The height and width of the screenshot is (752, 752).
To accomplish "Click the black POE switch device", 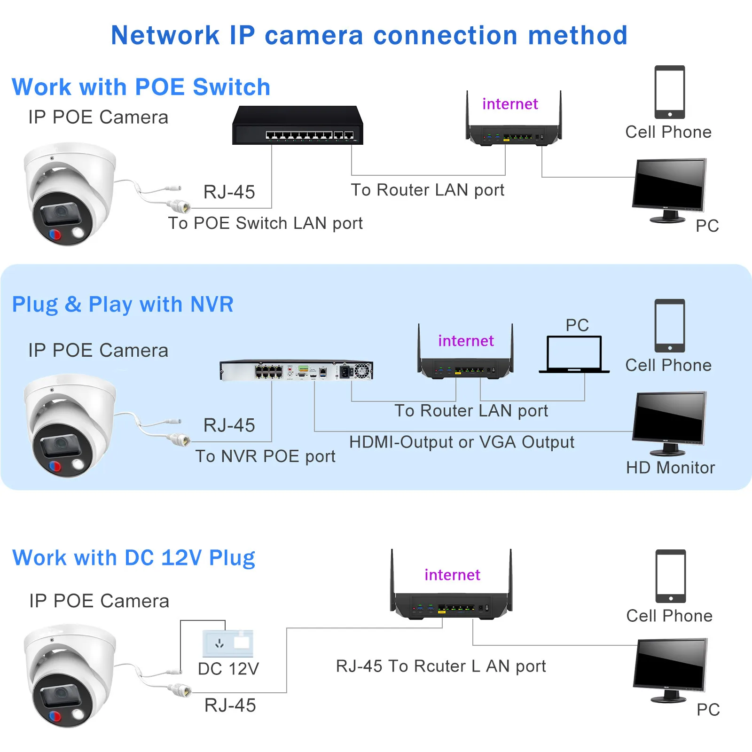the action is (x=298, y=125).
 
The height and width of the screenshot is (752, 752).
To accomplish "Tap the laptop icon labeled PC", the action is (x=574, y=354).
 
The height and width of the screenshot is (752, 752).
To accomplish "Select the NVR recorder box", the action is (x=297, y=370).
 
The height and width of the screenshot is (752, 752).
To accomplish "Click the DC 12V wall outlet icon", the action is (x=228, y=643).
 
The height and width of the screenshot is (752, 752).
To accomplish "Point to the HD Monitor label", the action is (x=670, y=468).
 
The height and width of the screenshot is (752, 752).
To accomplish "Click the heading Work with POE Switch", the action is (x=141, y=87).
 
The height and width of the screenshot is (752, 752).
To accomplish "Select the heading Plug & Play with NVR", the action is (x=123, y=305).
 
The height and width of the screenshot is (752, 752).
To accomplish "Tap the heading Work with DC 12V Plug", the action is (x=133, y=558).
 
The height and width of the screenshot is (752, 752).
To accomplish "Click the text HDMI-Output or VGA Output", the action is (x=462, y=442).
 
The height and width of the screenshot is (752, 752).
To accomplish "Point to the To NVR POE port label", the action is (x=266, y=456).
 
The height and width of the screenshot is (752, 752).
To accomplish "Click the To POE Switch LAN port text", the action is (x=266, y=223).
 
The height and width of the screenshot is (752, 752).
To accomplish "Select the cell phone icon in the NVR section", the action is (x=670, y=326).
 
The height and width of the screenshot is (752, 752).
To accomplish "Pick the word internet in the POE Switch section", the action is (x=510, y=104).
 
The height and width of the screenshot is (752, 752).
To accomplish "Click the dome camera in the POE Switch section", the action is (x=70, y=194).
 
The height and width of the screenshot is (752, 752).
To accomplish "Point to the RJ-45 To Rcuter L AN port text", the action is (x=441, y=666).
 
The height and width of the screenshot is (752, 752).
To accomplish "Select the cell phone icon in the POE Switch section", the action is (x=670, y=92).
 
